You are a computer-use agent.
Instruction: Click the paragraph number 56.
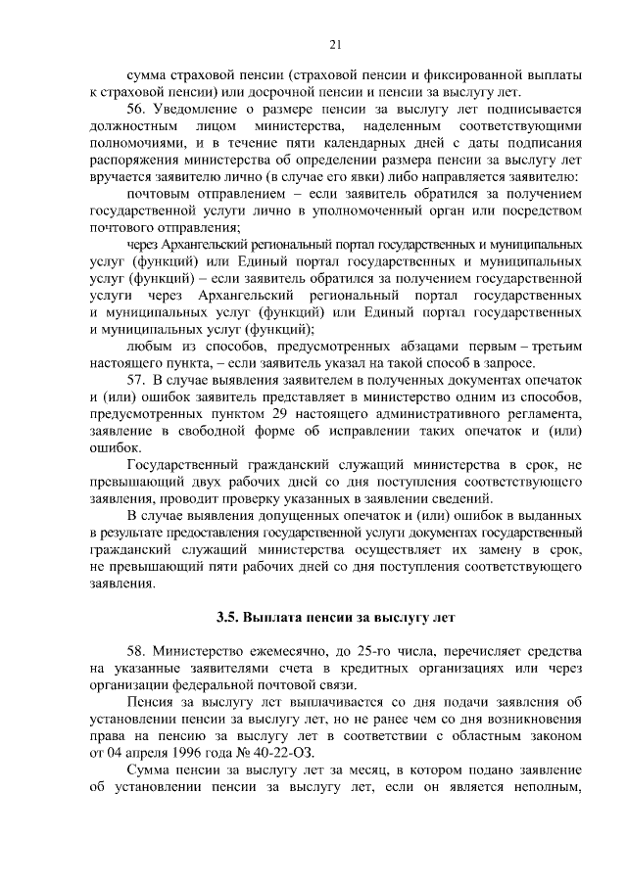point(138,108)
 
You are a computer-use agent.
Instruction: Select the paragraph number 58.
point(138,652)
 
